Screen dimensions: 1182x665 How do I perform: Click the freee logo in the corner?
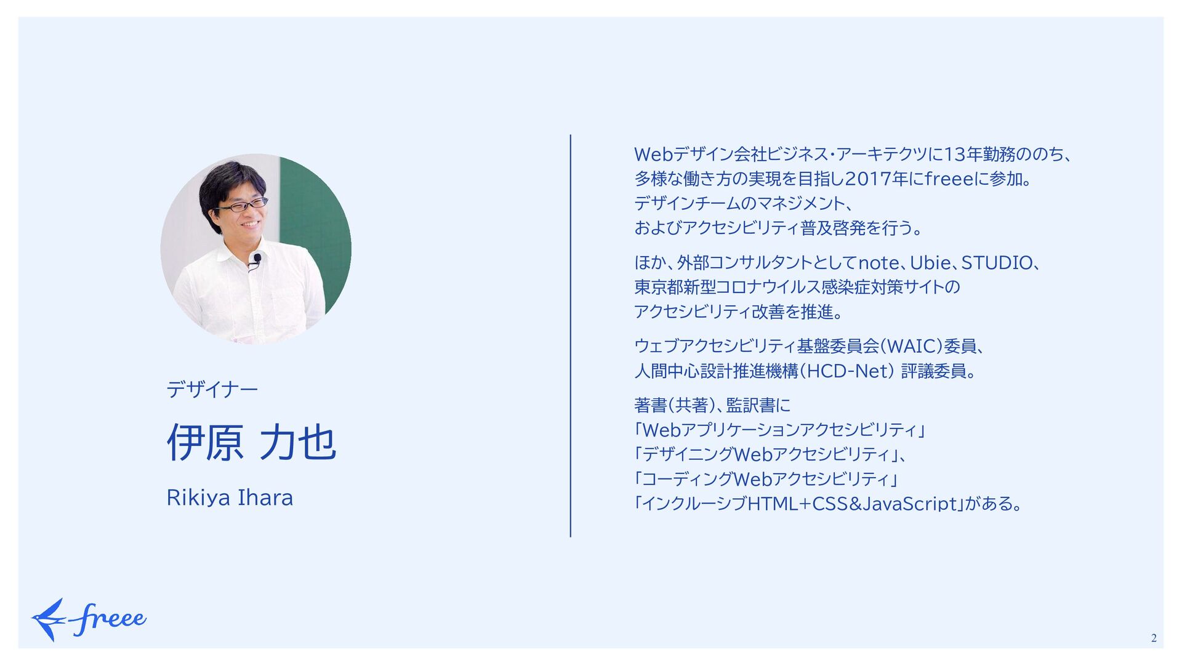(89, 619)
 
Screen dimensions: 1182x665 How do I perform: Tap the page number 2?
(1154, 638)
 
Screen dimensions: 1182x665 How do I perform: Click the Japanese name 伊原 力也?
(251, 442)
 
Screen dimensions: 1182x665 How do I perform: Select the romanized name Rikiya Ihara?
(230, 498)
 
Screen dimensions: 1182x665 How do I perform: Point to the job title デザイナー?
(212, 389)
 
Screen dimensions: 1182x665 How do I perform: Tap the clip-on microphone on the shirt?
(256, 260)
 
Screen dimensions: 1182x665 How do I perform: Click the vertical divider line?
(571, 336)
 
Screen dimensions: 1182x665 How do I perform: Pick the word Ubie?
(930, 263)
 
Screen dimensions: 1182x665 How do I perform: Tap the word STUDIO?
(997, 263)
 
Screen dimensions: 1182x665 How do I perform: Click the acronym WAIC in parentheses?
(912, 347)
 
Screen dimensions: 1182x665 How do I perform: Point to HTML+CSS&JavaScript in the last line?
(852, 504)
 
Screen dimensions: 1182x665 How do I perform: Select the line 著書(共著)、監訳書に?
(712, 405)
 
